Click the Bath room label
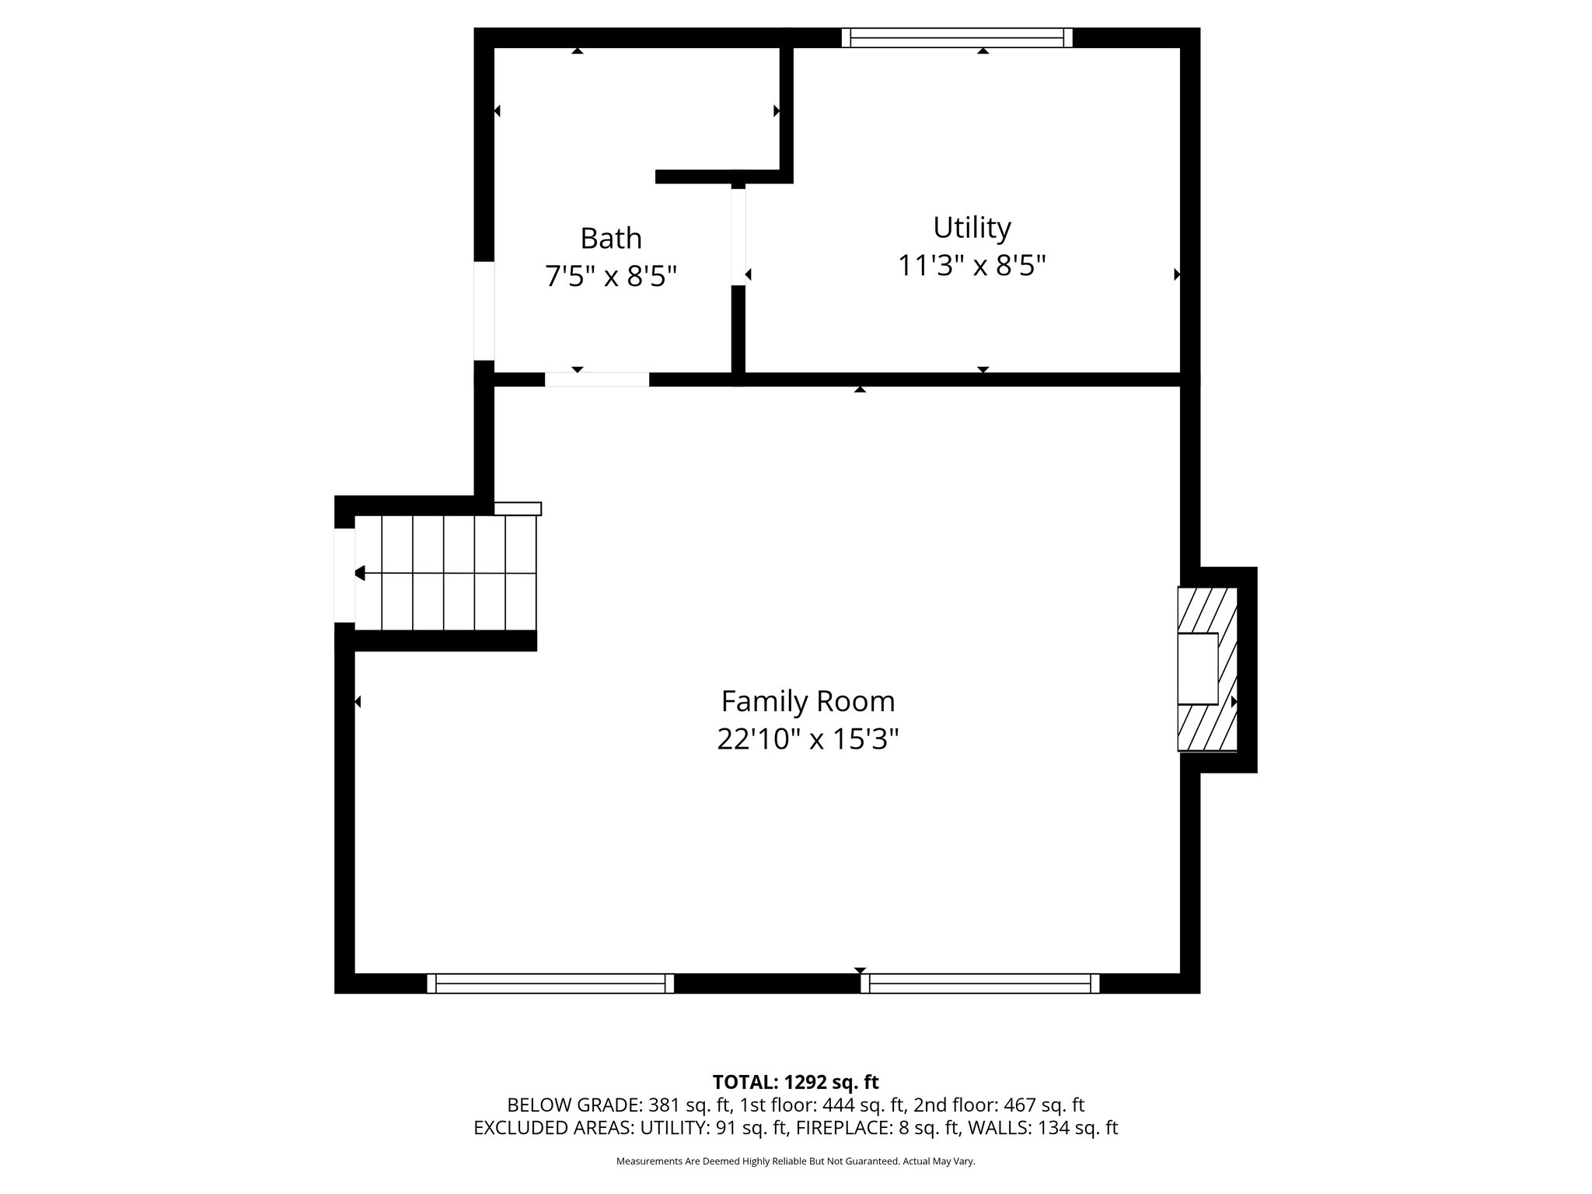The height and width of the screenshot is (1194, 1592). [x=611, y=238]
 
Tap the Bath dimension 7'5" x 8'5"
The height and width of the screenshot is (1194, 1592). [x=611, y=276]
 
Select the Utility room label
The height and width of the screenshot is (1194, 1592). [x=972, y=228]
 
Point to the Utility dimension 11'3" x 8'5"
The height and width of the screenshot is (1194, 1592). [x=972, y=266]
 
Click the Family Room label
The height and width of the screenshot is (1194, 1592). [x=808, y=701]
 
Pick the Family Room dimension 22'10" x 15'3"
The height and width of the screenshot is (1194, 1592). [x=808, y=739]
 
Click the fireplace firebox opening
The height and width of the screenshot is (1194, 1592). [x=1197, y=669]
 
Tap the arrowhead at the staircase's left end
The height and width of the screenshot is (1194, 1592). [x=359, y=573]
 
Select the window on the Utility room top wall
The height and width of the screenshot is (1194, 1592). [x=957, y=37]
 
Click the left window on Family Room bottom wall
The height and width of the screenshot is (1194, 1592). [x=550, y=983]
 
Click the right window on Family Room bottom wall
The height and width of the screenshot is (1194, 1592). [x=979, y=983]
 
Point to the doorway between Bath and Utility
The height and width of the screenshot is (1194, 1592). [x=738, y=237]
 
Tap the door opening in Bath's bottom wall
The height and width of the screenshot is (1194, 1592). [x=596, y=379]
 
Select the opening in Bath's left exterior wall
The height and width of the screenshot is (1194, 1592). [x=484, y=310]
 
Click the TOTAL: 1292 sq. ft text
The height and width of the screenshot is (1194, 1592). [x=795, y=1082]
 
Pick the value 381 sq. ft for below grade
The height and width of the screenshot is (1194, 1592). [x=690, y=1105]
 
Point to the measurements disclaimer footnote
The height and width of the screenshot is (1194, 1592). [x=795, y=1161]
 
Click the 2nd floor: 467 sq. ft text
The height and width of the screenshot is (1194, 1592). [x=998, y=1105]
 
